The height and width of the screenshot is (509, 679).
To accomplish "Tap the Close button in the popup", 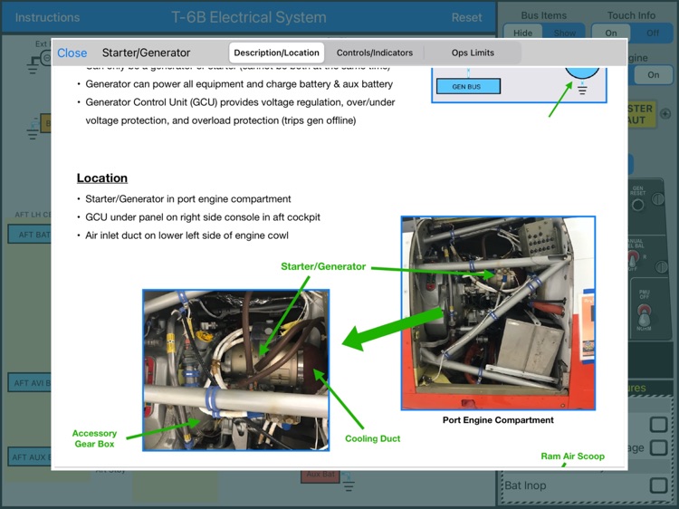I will pos(72,53).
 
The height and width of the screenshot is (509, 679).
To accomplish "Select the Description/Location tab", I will pos(276,53).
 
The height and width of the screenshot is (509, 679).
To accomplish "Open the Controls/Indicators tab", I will pos(374,53).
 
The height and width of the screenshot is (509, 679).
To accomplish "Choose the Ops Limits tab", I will pos(473,53).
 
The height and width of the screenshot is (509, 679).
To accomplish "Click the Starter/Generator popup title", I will pos(146,53).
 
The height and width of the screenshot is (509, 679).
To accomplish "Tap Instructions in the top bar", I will pos(47,17).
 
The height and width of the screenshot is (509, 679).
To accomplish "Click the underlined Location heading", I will pos(101,178).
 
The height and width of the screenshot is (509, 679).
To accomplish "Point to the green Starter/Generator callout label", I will pos(323,266).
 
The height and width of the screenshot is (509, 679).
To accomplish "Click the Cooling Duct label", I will pos(372,438).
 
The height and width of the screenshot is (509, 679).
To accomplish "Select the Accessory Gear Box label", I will pos(94,439).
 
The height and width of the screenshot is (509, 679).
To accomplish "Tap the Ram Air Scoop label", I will pos(572,456).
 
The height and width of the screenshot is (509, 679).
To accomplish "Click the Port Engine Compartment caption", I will pos(497,420).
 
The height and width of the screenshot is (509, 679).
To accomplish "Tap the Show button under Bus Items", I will pos(565,33).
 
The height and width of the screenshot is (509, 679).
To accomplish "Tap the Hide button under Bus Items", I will pos(523,33).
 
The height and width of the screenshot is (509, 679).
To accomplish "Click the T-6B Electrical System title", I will pos(248,17).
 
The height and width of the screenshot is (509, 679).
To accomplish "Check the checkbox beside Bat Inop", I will pos(658,485).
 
